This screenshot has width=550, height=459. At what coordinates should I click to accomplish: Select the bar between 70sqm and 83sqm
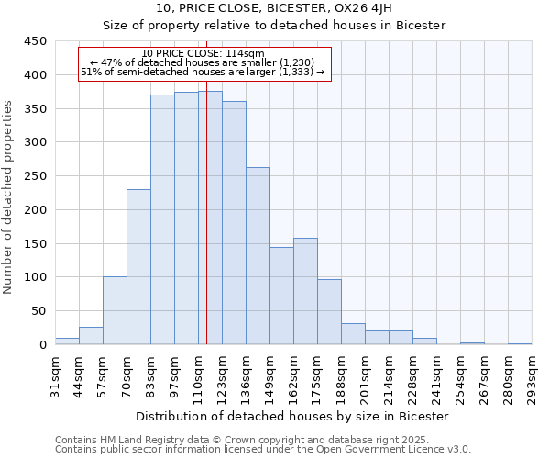(x=138, y=266)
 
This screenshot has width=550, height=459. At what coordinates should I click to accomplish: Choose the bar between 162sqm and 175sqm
(x=305, y=291)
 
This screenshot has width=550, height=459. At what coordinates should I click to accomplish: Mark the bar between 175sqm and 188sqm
(x=329, y=311)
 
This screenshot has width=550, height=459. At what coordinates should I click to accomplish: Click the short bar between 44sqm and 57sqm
(x=91, y=335)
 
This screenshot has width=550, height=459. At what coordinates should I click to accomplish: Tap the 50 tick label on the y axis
(x=38, y=311)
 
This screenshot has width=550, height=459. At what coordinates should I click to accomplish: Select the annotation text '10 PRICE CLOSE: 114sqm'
(x=203, y=53)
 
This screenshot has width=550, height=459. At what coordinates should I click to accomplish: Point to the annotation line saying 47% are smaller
(x=203, y=62)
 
